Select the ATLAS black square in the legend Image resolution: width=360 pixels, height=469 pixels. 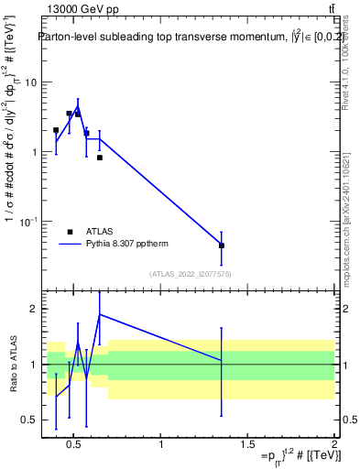tap(71, 233)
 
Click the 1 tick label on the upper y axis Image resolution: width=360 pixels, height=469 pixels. tap(33, 152)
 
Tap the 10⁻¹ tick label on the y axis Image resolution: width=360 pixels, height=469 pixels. tap(28, 222)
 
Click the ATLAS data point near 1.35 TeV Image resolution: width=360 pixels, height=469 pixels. tap(222, 245)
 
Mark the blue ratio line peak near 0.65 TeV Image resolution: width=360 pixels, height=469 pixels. tap(99, 314)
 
